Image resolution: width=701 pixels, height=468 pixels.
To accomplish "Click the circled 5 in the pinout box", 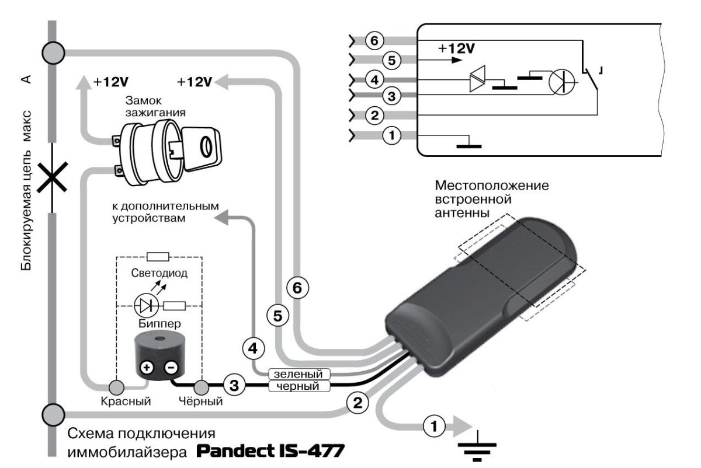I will [393, 59].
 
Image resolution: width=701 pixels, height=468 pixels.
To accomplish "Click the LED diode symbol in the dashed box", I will [144, 305].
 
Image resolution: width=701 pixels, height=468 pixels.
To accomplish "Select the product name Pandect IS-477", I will [270, 451].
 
